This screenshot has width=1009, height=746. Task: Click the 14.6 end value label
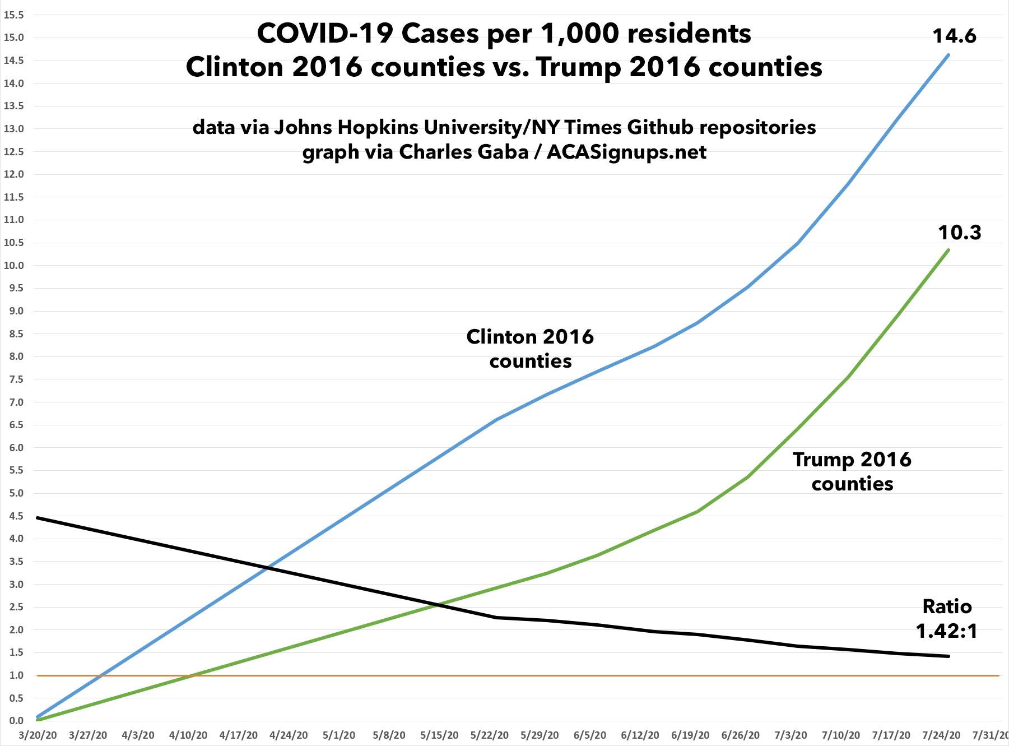pyautogui.click(x=954, y=36)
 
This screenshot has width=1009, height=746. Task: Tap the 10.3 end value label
pyautogui.click(x=960, y=233)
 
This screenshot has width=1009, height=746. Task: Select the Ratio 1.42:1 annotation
pyautogui.click(x=947, y=619)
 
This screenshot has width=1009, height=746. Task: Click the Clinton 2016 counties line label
pyautogui.click(x=530, y=349)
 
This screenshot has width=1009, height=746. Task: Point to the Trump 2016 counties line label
pyautogui.click(x=852, y=471)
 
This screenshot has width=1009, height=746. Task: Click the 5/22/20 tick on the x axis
pyautogui.click(x=490, y=735)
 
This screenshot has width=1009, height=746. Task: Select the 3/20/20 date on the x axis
pyautogui.click(x=37, y=735)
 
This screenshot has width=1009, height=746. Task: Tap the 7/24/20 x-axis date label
pyautogui.click(x=942, y=735)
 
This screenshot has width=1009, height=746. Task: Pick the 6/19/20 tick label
pyautogui.click(x=691, y=735)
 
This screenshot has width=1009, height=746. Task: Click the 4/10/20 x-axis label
pyautogui.click(x=188, y=735)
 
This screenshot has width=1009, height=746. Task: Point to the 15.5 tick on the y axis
pyautogui.click(x=13, y=15)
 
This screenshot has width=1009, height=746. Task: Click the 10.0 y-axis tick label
pyautogui.click(x=13, y=266)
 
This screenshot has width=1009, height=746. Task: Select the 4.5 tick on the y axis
pyautogui.click(x=13, y=516)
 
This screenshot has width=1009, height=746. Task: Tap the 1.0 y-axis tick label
pyautogui.click(x=13, y=675)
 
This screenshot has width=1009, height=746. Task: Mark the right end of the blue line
pyautogui.click(x=948, y=55)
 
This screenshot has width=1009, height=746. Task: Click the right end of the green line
pyautogui.click(x=948, y=250)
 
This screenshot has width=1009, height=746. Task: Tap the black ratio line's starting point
pyautogui.click(x=38, y=518)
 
